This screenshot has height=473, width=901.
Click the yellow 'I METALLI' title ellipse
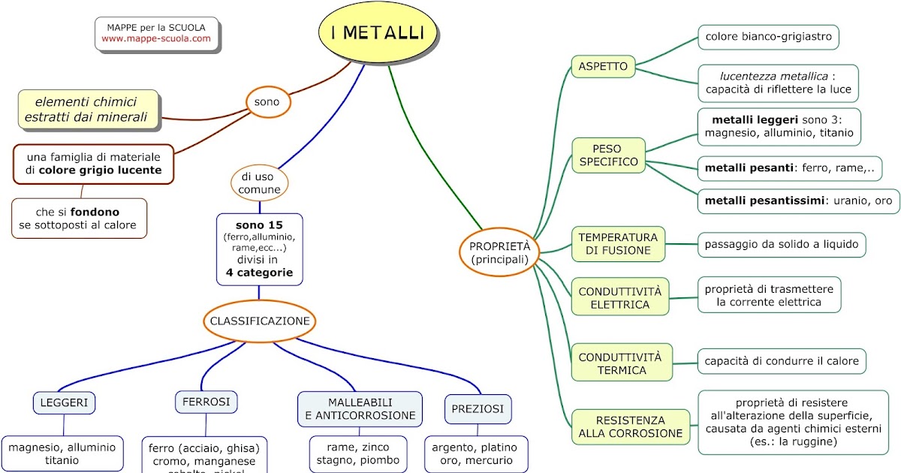point(378,34)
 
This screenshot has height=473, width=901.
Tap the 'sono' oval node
point(268,101)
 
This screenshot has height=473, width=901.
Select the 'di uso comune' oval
point(260,183)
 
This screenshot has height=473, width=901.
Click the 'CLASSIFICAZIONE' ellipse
point(260,321)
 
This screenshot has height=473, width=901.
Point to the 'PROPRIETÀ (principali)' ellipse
point(499,252)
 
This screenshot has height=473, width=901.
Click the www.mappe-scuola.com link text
point(156,38)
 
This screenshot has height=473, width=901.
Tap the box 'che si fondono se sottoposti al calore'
point(79,218)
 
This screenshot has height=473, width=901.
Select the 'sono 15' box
point(259,249)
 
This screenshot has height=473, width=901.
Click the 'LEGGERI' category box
point(65,403)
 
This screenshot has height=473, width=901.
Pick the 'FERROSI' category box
point(206,402)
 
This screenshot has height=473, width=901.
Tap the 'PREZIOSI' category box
point(478,409)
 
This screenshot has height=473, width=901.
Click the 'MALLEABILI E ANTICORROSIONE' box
point(360,408)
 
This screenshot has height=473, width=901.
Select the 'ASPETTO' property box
point(602,67)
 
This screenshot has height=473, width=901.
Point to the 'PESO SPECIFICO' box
point(608,155)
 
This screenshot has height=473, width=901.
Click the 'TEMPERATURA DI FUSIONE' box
point(618,244)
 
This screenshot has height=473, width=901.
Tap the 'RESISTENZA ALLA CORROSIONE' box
point(631,427)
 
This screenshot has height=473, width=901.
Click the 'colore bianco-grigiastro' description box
point(768,36)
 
